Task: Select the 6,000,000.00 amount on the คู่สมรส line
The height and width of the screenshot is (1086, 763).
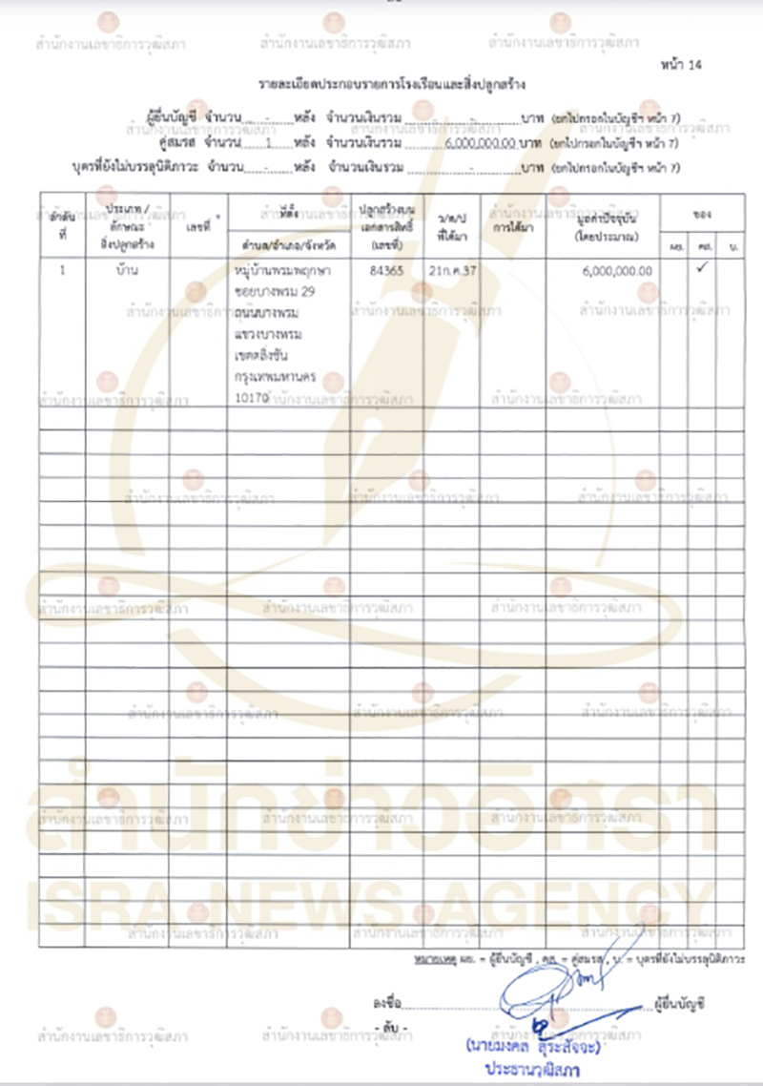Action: pyautogui.click(x=479, y=143)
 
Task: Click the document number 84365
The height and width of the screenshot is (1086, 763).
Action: pyautogui.click(x=386, y=271)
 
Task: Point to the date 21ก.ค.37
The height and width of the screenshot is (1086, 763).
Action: pyautogui.click(x=453, y=271)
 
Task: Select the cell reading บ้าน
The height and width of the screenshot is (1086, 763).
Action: pyautogui.click(x=125, y=271)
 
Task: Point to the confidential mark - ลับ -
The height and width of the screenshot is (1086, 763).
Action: pyautogui.click(x=392, y=1027)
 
